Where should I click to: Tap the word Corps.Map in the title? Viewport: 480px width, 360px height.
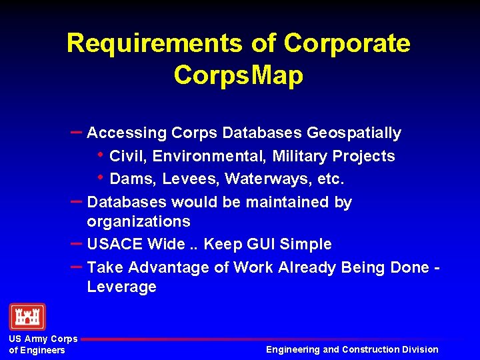pyautogui.click(x=238, y=75)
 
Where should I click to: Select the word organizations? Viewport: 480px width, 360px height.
pyautogui.click(x=139, y=221)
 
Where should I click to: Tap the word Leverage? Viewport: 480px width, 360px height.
pyautogui.click(x=121, y=287)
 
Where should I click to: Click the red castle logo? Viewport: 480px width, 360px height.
pyautogui.click(x=27, y=317)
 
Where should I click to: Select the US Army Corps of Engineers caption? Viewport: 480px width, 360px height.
pyautogui.click(x=43, y=344)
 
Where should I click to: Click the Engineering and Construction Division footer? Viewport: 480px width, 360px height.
pyautogui.click(x=352, y=349)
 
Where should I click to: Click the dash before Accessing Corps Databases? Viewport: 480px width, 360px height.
pyautogui.click(x=75, y=132)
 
